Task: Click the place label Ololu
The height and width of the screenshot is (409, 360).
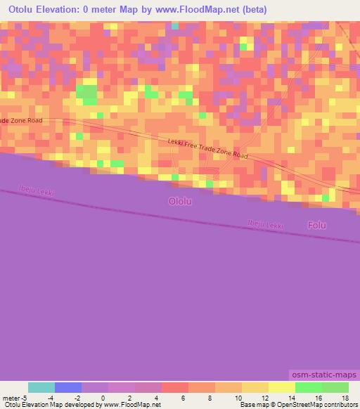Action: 180,201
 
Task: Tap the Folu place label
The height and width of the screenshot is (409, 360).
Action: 317,225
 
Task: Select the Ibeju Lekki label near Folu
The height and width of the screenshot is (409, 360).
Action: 265,224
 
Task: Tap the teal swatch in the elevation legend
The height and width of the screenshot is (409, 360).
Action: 41,387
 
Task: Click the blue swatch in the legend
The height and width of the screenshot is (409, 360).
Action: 68,387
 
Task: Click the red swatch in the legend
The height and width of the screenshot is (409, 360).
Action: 175,387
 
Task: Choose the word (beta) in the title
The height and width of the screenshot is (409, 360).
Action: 252,10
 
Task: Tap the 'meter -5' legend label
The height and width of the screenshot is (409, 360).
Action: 14,398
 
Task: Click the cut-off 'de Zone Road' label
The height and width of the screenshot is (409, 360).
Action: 21,121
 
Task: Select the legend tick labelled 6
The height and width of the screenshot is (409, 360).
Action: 182,398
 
